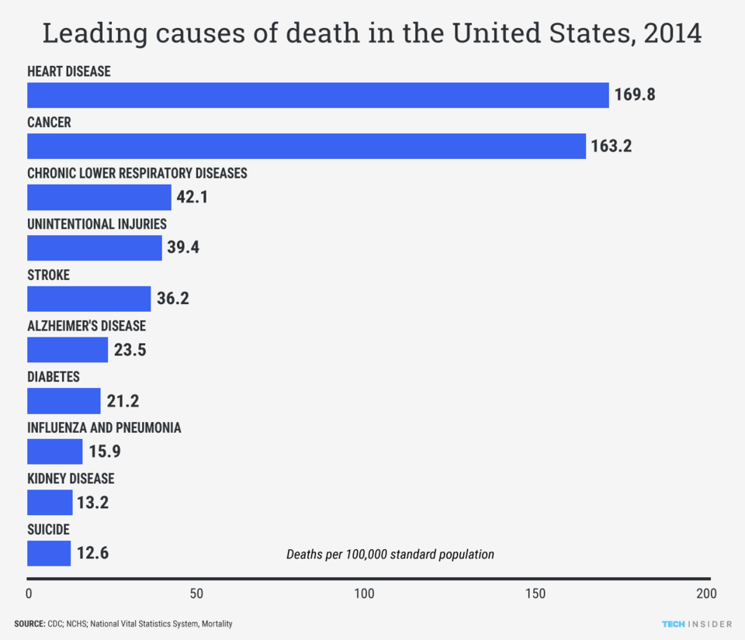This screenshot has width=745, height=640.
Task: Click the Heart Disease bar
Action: [x=318, y=95]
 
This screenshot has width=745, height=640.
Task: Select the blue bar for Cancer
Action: [x=307, y=146]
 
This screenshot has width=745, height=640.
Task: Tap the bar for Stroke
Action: [x=89, y=299]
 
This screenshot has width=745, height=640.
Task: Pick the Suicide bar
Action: [x=49, y=553]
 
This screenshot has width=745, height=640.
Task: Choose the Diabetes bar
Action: [x=64, y=401]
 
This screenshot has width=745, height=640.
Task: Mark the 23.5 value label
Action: [x=130, y=350]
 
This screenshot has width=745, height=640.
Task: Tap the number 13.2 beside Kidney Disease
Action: [x=92, y=503]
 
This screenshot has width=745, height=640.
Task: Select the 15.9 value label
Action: [x=104, y=451]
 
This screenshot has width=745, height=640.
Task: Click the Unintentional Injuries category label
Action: [x=97, y=224]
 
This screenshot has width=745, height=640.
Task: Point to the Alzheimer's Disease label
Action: [x=86, y=326]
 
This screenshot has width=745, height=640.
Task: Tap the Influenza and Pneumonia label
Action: [x=104, y=427]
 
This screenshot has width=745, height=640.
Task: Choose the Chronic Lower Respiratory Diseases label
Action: [x=137, y=173]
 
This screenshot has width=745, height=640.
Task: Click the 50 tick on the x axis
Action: [x=196, y=594]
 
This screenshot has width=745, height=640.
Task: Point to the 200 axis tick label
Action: [x=705, y=594]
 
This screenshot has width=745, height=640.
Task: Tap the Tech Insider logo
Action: [x=695, y=624]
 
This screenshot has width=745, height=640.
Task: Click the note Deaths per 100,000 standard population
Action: [x=390, y=555]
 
